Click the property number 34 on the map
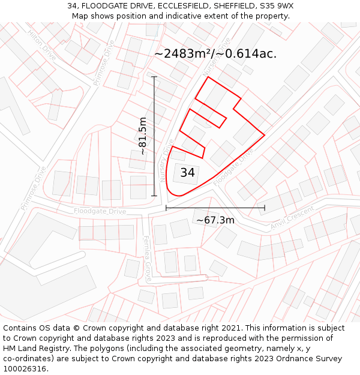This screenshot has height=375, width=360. (x=187, y=173)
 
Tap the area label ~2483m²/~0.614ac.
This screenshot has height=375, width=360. (x=215, y=53)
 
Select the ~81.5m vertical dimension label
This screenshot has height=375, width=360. (x=143, y=136)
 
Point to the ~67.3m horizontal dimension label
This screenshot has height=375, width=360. (x=215, y=220)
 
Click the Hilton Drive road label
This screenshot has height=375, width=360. (x=42, y=45)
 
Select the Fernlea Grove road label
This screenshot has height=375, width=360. (x=147, y=259)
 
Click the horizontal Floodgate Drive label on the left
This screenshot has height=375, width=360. (x=100, y=211)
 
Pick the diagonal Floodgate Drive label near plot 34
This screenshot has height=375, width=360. (x=233, y=166)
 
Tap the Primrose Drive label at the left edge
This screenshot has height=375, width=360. (x=33, y=188)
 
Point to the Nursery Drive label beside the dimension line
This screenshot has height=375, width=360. (x=166, y=161)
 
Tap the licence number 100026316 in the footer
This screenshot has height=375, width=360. (x=25, y=369)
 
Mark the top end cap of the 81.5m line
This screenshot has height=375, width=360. (x=154, y=77)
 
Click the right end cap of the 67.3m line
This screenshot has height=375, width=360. (x=265, y=208)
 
